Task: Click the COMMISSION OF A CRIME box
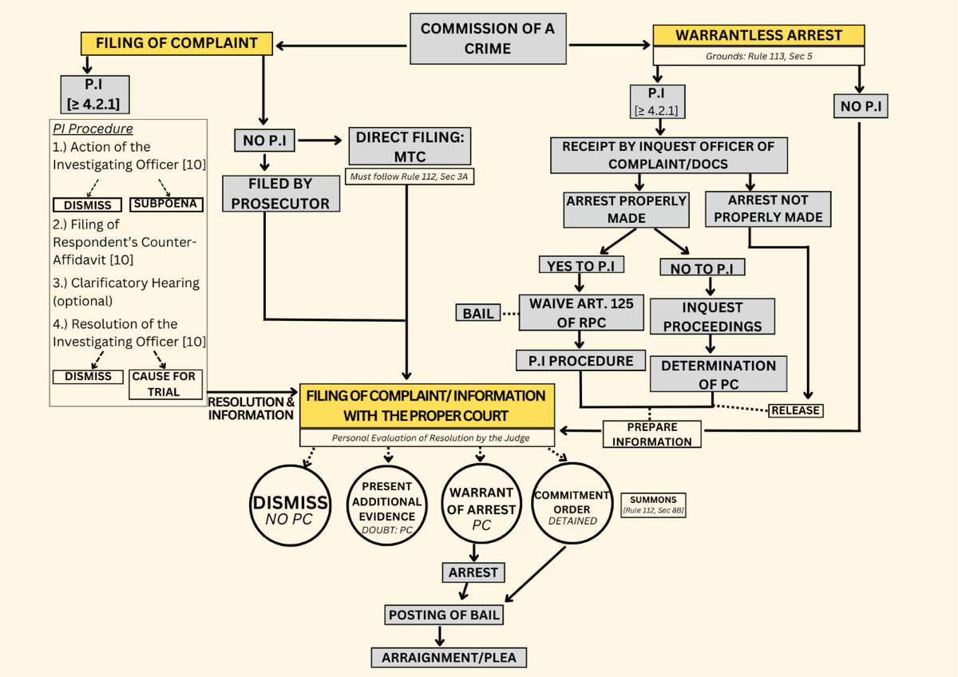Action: pos(488,38)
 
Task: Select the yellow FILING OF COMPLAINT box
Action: pos(176,43)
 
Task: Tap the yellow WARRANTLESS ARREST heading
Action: pos(758,36)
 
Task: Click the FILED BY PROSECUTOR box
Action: pos(280,194)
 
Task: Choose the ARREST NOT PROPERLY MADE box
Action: pos(768,208)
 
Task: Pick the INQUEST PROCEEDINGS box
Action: pos(712,317)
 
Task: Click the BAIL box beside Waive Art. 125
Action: pos(478,314)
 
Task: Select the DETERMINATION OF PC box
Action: pos(718,374)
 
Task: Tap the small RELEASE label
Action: pos(795,410)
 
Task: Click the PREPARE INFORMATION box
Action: pos(652,434)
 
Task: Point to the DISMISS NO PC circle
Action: pos(291,507)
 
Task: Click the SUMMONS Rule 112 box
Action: pos(652,505)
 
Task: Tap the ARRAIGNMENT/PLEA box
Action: pos(449,658)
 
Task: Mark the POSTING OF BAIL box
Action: pos(444,615)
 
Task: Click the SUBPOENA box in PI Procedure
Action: pos(166,204)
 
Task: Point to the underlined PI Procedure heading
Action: pos(93,129)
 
